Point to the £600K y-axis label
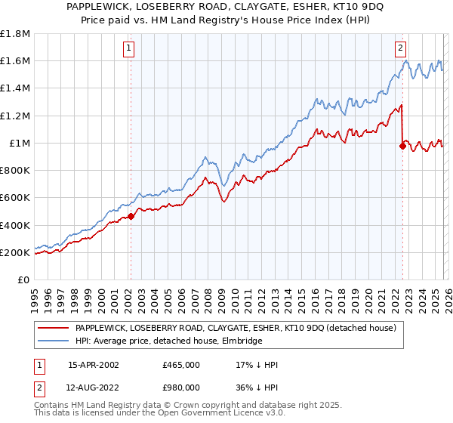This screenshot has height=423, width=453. [x=15, y=198]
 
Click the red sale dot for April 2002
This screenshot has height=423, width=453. [x=131, y=216]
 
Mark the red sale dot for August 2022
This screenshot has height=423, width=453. [x=402, y=146]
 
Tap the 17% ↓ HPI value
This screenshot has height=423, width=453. [x=257, y=366]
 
